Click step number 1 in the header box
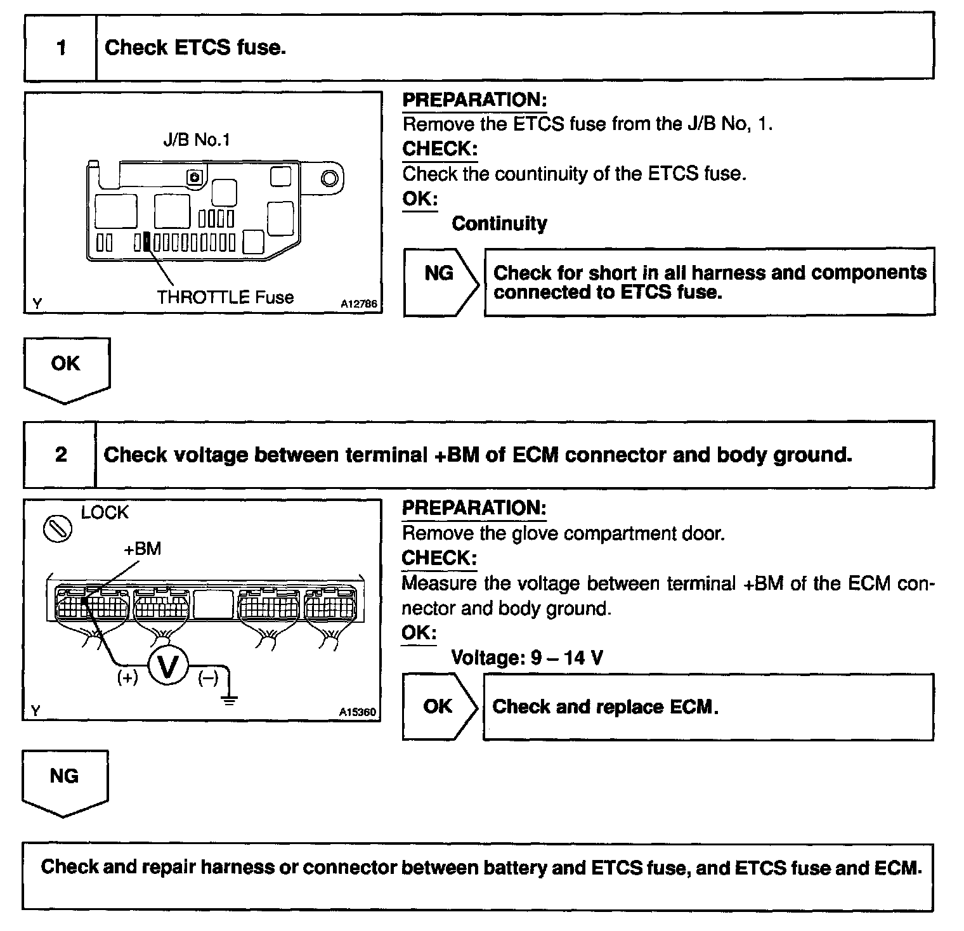click(61, 48)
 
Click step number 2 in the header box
click(61, 455)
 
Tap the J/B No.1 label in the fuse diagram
click(196, 140)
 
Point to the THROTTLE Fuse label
click(225, 297)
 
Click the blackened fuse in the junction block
click(147, 242)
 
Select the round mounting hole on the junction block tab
click(329, 178)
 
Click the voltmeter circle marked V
click(168, 667)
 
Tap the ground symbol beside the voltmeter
click(229, 699)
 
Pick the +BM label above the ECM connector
click(143, 549)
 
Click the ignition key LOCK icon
click(57, 528)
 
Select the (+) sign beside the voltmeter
click(127, 678)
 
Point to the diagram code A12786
click(358, 304)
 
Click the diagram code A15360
click(357, 712)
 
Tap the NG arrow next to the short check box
click(440, 282)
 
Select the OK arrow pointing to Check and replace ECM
click(439, 706)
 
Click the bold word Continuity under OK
click(499, 224)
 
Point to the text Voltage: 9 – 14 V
click(526, 658)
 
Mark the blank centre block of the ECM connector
click(213, 604)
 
